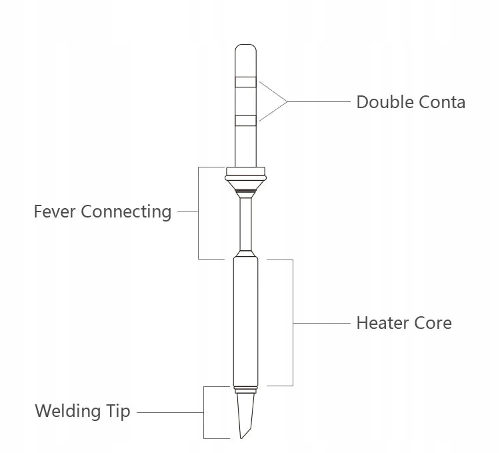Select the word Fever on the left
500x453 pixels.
(55, 211)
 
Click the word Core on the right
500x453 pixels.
(433, 323)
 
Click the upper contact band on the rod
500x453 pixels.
(245, 83)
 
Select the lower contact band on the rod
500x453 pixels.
(245, 121)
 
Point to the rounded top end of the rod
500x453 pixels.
(245, 51)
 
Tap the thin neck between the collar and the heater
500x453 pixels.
(246, 223)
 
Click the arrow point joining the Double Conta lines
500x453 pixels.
(287, 101)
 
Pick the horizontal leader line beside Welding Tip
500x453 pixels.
(170, 412)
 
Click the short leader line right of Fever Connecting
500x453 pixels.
(188, 211)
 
